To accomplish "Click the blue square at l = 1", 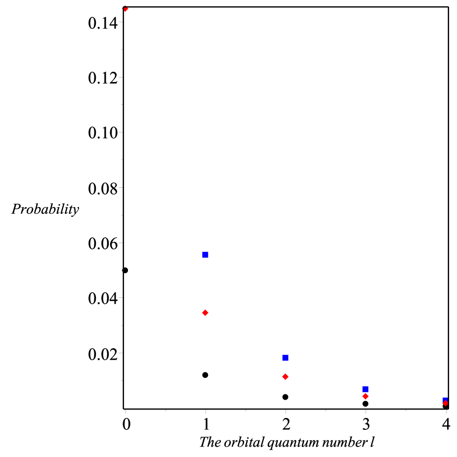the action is click(x=205, y=255).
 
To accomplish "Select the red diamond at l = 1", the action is click(x=205, y=313).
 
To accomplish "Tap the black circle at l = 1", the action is click(x=205, y=375).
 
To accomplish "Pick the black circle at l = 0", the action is click(x=125, y=270).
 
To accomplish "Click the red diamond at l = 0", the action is click(x=125, y=9).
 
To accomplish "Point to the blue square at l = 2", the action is click(x=286, y=358).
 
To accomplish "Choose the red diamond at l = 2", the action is click(x=286, y=377).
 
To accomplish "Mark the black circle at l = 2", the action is click(x=286, y=397).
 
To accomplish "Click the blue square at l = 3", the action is click(x=366, y=389).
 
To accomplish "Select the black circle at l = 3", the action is click(x=366, y=404).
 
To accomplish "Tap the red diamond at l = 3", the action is click(x=366, y=396).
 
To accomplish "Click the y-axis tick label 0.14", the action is click(x=103, y=23).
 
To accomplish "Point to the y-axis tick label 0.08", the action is click(x=103, y=189).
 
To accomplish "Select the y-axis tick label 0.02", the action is click(x=103, y=354).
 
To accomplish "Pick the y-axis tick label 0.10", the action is click(x=103, y=133).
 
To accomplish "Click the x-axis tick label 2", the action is click(x=286, y=424).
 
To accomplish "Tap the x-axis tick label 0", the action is click(x=126, y=424).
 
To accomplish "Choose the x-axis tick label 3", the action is click(x=366, y=424).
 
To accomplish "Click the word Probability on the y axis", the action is click(x=45, y=209).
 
